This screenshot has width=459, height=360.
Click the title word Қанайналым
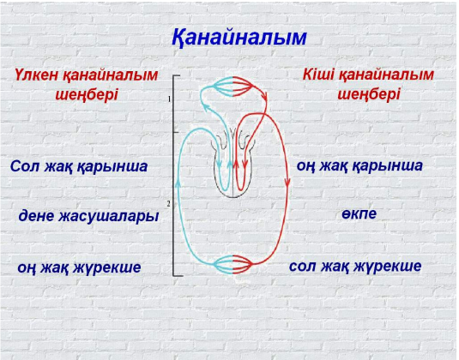(239, 38)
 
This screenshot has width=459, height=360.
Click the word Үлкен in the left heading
(36, 75)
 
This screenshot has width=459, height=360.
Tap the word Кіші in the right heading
(318, 75)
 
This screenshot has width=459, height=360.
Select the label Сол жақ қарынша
(79, 166)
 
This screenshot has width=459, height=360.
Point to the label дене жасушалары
(88, 216)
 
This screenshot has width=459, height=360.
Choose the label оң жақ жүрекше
(79, 267)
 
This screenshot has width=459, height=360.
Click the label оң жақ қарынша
(359, 165)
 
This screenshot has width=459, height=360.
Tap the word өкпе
(359, 213)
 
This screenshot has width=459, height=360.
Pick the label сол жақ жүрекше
(355, 266)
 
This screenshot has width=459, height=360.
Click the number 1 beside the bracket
(169, 99)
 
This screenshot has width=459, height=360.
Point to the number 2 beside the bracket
(169, 204)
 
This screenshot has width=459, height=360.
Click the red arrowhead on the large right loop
(287, 183)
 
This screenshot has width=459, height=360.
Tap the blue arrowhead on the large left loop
(178, 183)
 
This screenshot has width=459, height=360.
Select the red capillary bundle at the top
(243, 87)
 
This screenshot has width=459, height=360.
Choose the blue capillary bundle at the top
(223, 87)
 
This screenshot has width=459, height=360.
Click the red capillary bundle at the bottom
(243, 264)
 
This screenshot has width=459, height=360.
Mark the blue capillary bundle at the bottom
(223, 264)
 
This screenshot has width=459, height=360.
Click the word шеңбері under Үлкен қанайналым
(87, 95)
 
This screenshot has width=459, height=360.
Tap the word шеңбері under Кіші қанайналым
(369, 94)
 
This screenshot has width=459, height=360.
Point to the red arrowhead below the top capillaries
(265, 96)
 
